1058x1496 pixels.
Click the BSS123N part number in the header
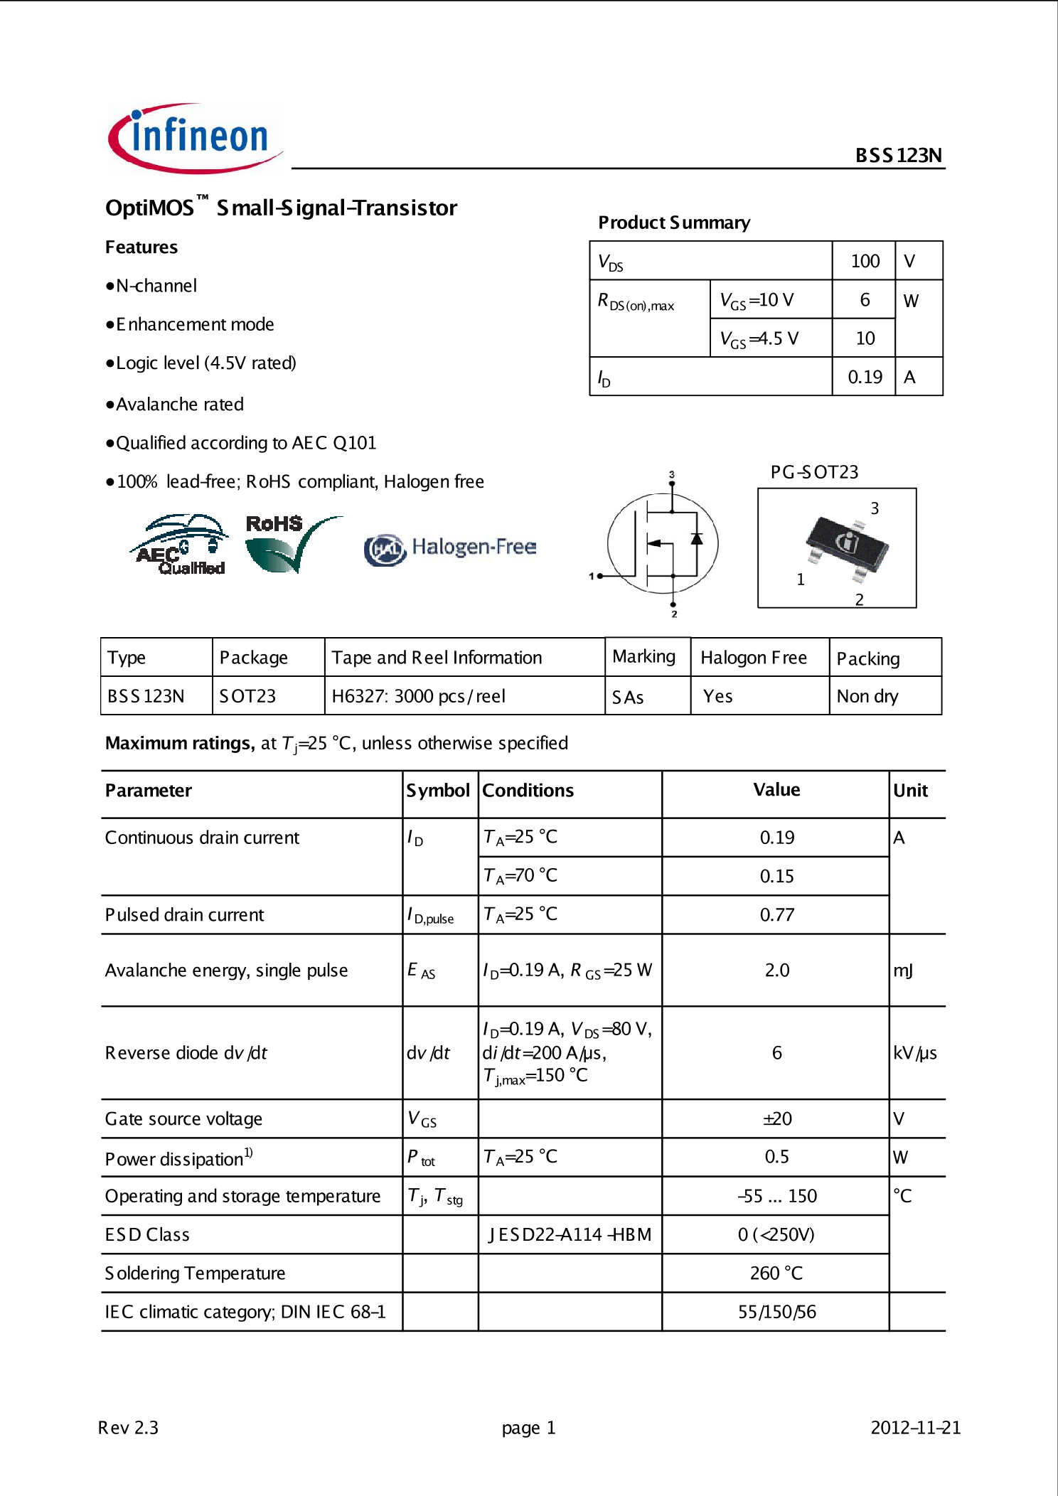898,155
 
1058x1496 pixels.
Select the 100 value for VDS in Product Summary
865,261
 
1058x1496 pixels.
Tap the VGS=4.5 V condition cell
759,338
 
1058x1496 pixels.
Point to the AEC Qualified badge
180,545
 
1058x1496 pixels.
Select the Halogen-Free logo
451,547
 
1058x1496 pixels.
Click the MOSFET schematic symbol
663,544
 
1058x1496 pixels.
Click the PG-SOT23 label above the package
814,472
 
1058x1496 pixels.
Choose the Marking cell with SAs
629,697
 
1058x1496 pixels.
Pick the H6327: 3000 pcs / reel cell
419,696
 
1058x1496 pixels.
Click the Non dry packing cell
867,696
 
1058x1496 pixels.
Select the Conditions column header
528,791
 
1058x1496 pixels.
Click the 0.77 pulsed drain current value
776,914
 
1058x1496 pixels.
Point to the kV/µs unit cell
914,1053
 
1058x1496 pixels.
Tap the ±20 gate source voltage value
776,1119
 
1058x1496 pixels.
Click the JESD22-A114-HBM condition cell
570,1235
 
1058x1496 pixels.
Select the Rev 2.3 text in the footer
128,1428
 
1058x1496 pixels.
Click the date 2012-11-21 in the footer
915,1428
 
